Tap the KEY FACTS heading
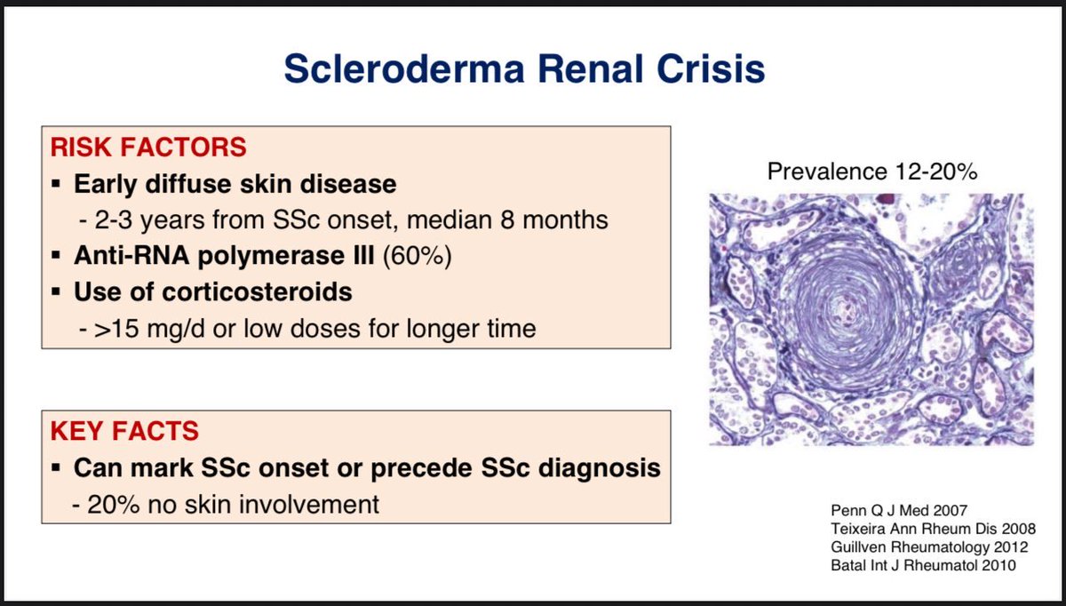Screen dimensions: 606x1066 (137, 432)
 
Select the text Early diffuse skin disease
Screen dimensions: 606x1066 (235, 184)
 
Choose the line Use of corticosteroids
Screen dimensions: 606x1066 (213, 292)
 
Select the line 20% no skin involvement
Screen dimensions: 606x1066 (233, 505)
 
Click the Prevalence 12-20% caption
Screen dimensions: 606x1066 (871, 172)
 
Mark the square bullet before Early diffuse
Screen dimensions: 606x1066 (55, 185)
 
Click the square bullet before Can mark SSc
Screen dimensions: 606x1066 (55, 468)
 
